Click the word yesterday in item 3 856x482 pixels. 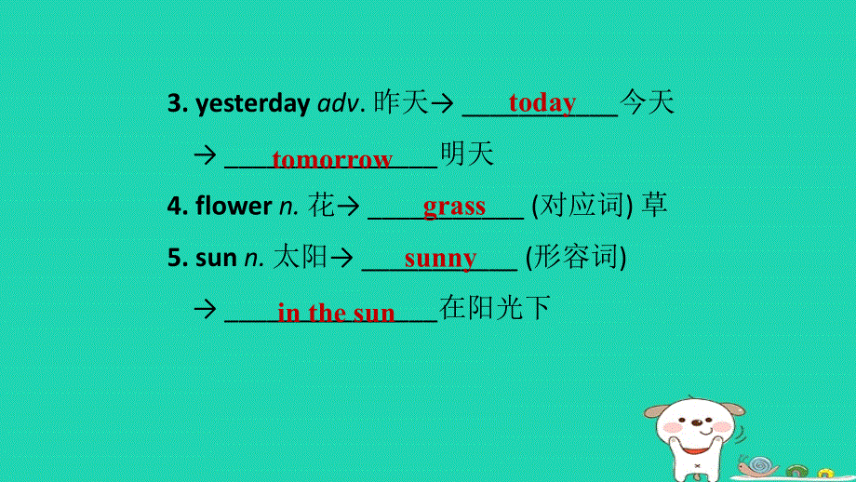coord(252,104)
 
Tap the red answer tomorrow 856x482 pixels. coord(332,159)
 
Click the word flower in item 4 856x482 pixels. coord(234,207)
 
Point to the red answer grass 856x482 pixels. coord(454,206)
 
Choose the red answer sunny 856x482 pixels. coord(440,258)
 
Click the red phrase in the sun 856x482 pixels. coord(336,313)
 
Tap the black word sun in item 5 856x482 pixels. coord(216,258)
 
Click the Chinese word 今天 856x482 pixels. coord(647,103)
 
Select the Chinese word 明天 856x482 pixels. coord(467,154)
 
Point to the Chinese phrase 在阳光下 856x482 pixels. coord(495,308)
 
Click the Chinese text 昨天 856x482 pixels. coord(401,103)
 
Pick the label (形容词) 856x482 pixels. coord(576,258)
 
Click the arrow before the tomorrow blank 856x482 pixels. coord(204,155)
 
